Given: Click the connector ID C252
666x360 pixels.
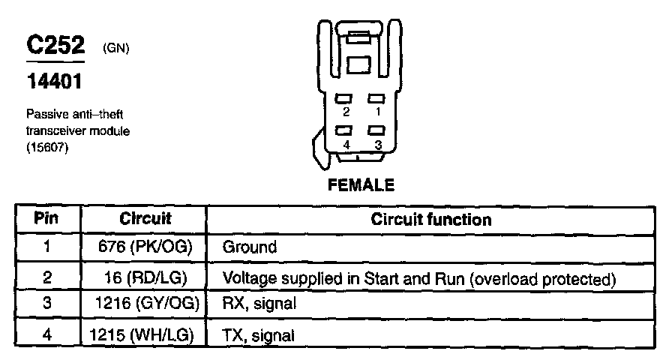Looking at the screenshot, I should coord(57,46).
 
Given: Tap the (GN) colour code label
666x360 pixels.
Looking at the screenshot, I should coord(116,49).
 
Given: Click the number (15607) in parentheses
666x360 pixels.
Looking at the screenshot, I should coord(47,145).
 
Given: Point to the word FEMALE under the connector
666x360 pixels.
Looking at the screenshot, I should coord(361,185).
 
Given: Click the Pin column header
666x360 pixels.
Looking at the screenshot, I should coord(46,219).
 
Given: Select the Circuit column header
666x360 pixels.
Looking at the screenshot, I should coord(145,219).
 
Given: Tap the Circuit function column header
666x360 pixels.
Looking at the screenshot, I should coord(431,220).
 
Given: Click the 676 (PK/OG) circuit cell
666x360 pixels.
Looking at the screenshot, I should coord(145,247).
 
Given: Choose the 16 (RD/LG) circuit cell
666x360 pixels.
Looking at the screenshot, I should coord(145,278).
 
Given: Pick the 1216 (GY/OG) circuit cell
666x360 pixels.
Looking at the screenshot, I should coord(145,305).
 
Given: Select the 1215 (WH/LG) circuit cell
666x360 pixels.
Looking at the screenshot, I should coord(145,334).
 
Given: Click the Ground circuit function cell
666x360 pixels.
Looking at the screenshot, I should coord(250,247).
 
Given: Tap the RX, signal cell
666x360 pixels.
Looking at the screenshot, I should coord(259,305).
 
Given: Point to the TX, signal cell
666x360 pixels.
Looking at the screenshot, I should coord(259,335).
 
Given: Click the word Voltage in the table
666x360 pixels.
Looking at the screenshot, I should coord(247,278).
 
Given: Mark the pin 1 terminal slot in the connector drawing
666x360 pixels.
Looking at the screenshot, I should coord(377,98).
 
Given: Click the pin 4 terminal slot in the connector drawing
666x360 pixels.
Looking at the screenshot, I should coord(345,130).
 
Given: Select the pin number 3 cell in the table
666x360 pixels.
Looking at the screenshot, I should coord(46,305).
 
